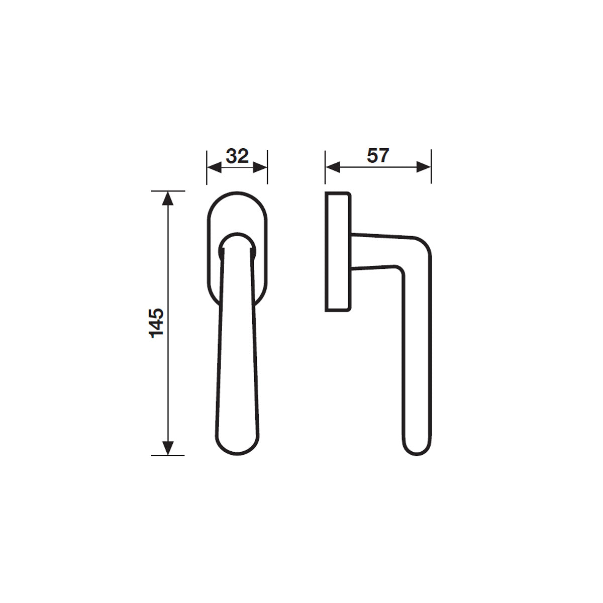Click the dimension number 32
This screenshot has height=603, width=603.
click(x=237, y=156)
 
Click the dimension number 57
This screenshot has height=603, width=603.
click(x=378, y=155)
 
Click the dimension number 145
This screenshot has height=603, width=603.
click(x=156, y=323)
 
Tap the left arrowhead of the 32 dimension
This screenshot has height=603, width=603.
click(x=215, y=167)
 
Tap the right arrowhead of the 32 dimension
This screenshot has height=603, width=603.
click(x=260, y=167)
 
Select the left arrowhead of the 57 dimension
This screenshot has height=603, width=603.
click(x=333, y=167)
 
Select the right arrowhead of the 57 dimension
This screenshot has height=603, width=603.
click(x=424, y=167)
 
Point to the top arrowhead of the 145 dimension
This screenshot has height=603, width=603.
click(x=168, y=198)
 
